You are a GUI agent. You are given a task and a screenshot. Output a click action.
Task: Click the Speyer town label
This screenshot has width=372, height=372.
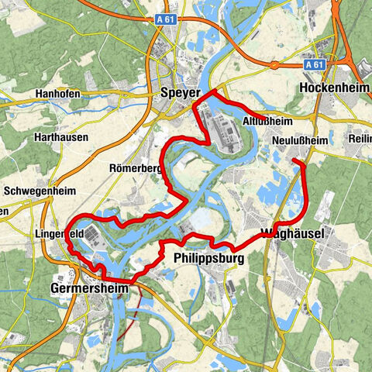180,92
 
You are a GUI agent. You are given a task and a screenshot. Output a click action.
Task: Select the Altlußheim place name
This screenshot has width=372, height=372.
267,121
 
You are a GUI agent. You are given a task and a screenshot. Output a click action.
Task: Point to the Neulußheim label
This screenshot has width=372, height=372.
301,140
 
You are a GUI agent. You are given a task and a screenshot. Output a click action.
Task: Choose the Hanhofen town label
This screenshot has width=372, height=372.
57,96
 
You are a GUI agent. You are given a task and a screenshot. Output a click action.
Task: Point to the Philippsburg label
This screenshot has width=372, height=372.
209,257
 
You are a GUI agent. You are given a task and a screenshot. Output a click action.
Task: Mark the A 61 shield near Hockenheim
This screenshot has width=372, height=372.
313,66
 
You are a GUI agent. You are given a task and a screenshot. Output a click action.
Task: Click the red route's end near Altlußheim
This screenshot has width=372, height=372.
266,119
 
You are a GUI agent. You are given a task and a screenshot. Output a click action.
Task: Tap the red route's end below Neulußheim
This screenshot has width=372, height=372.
295,160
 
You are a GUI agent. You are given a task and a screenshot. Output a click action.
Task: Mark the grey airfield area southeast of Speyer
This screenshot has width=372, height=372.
221,128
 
